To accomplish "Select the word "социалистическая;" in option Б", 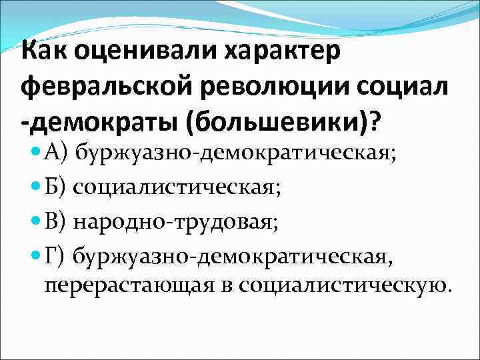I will [x=177, y=188].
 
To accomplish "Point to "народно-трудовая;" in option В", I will [x=176, y=221].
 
